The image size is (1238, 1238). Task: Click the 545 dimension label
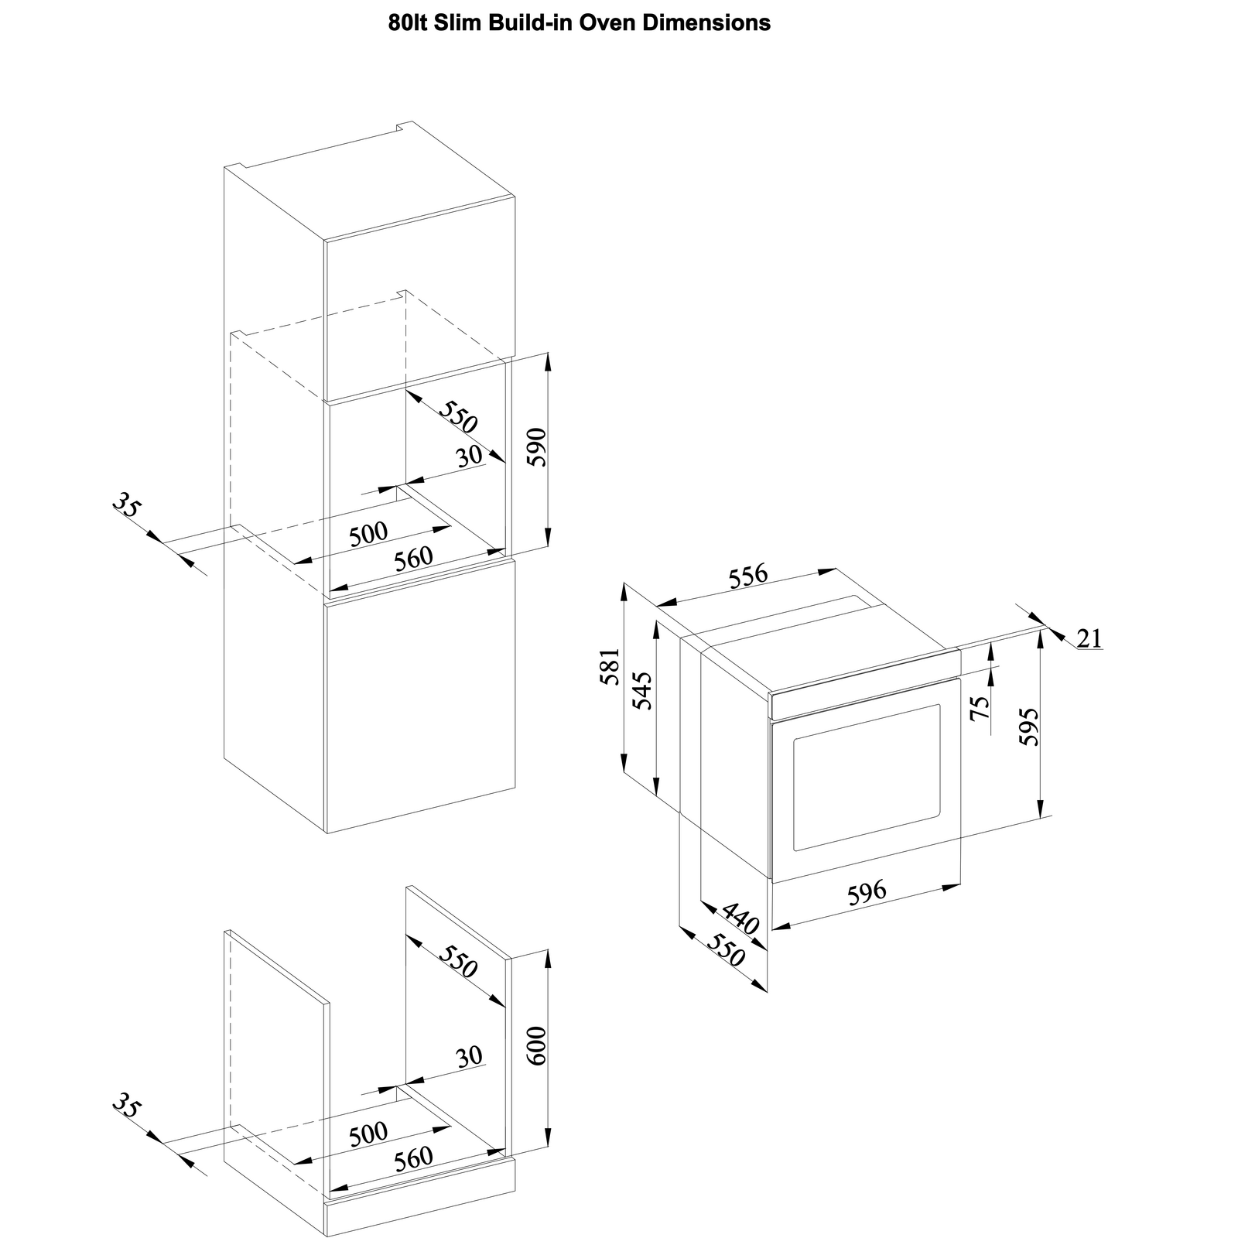click(x=642, y=690)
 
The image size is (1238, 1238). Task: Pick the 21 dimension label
click(x=1089, y=638)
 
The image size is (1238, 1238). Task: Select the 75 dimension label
click(x=980, y=707)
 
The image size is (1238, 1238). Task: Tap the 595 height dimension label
click(x=1028, y=727)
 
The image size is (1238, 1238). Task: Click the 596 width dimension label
click(x=867, y=893)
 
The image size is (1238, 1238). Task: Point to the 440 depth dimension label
click(x=741, y=917)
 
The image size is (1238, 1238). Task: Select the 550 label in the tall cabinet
click(x=459, y=418)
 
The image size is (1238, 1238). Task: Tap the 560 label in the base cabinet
click(x=413, y=1159)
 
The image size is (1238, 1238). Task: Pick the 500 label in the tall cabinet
click(x=368, y=534)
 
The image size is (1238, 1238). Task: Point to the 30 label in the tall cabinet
click(x=470, y=457)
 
